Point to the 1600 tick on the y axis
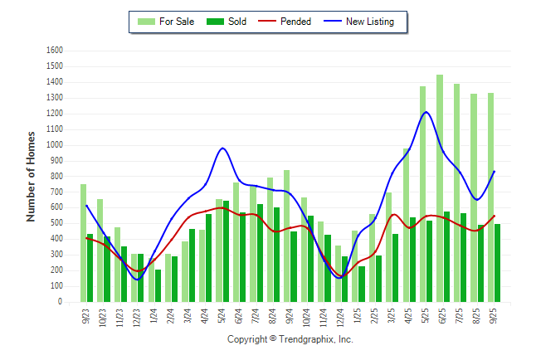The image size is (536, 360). [x=55, y=50]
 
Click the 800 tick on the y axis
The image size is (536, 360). [x=57, y=176]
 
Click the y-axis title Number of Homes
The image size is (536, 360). [x=32, y=176]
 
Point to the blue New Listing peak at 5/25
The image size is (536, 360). [x=426, y=112]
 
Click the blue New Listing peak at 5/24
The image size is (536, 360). [x=222, y=148]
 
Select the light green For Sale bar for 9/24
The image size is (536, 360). [x=286, y=236]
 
